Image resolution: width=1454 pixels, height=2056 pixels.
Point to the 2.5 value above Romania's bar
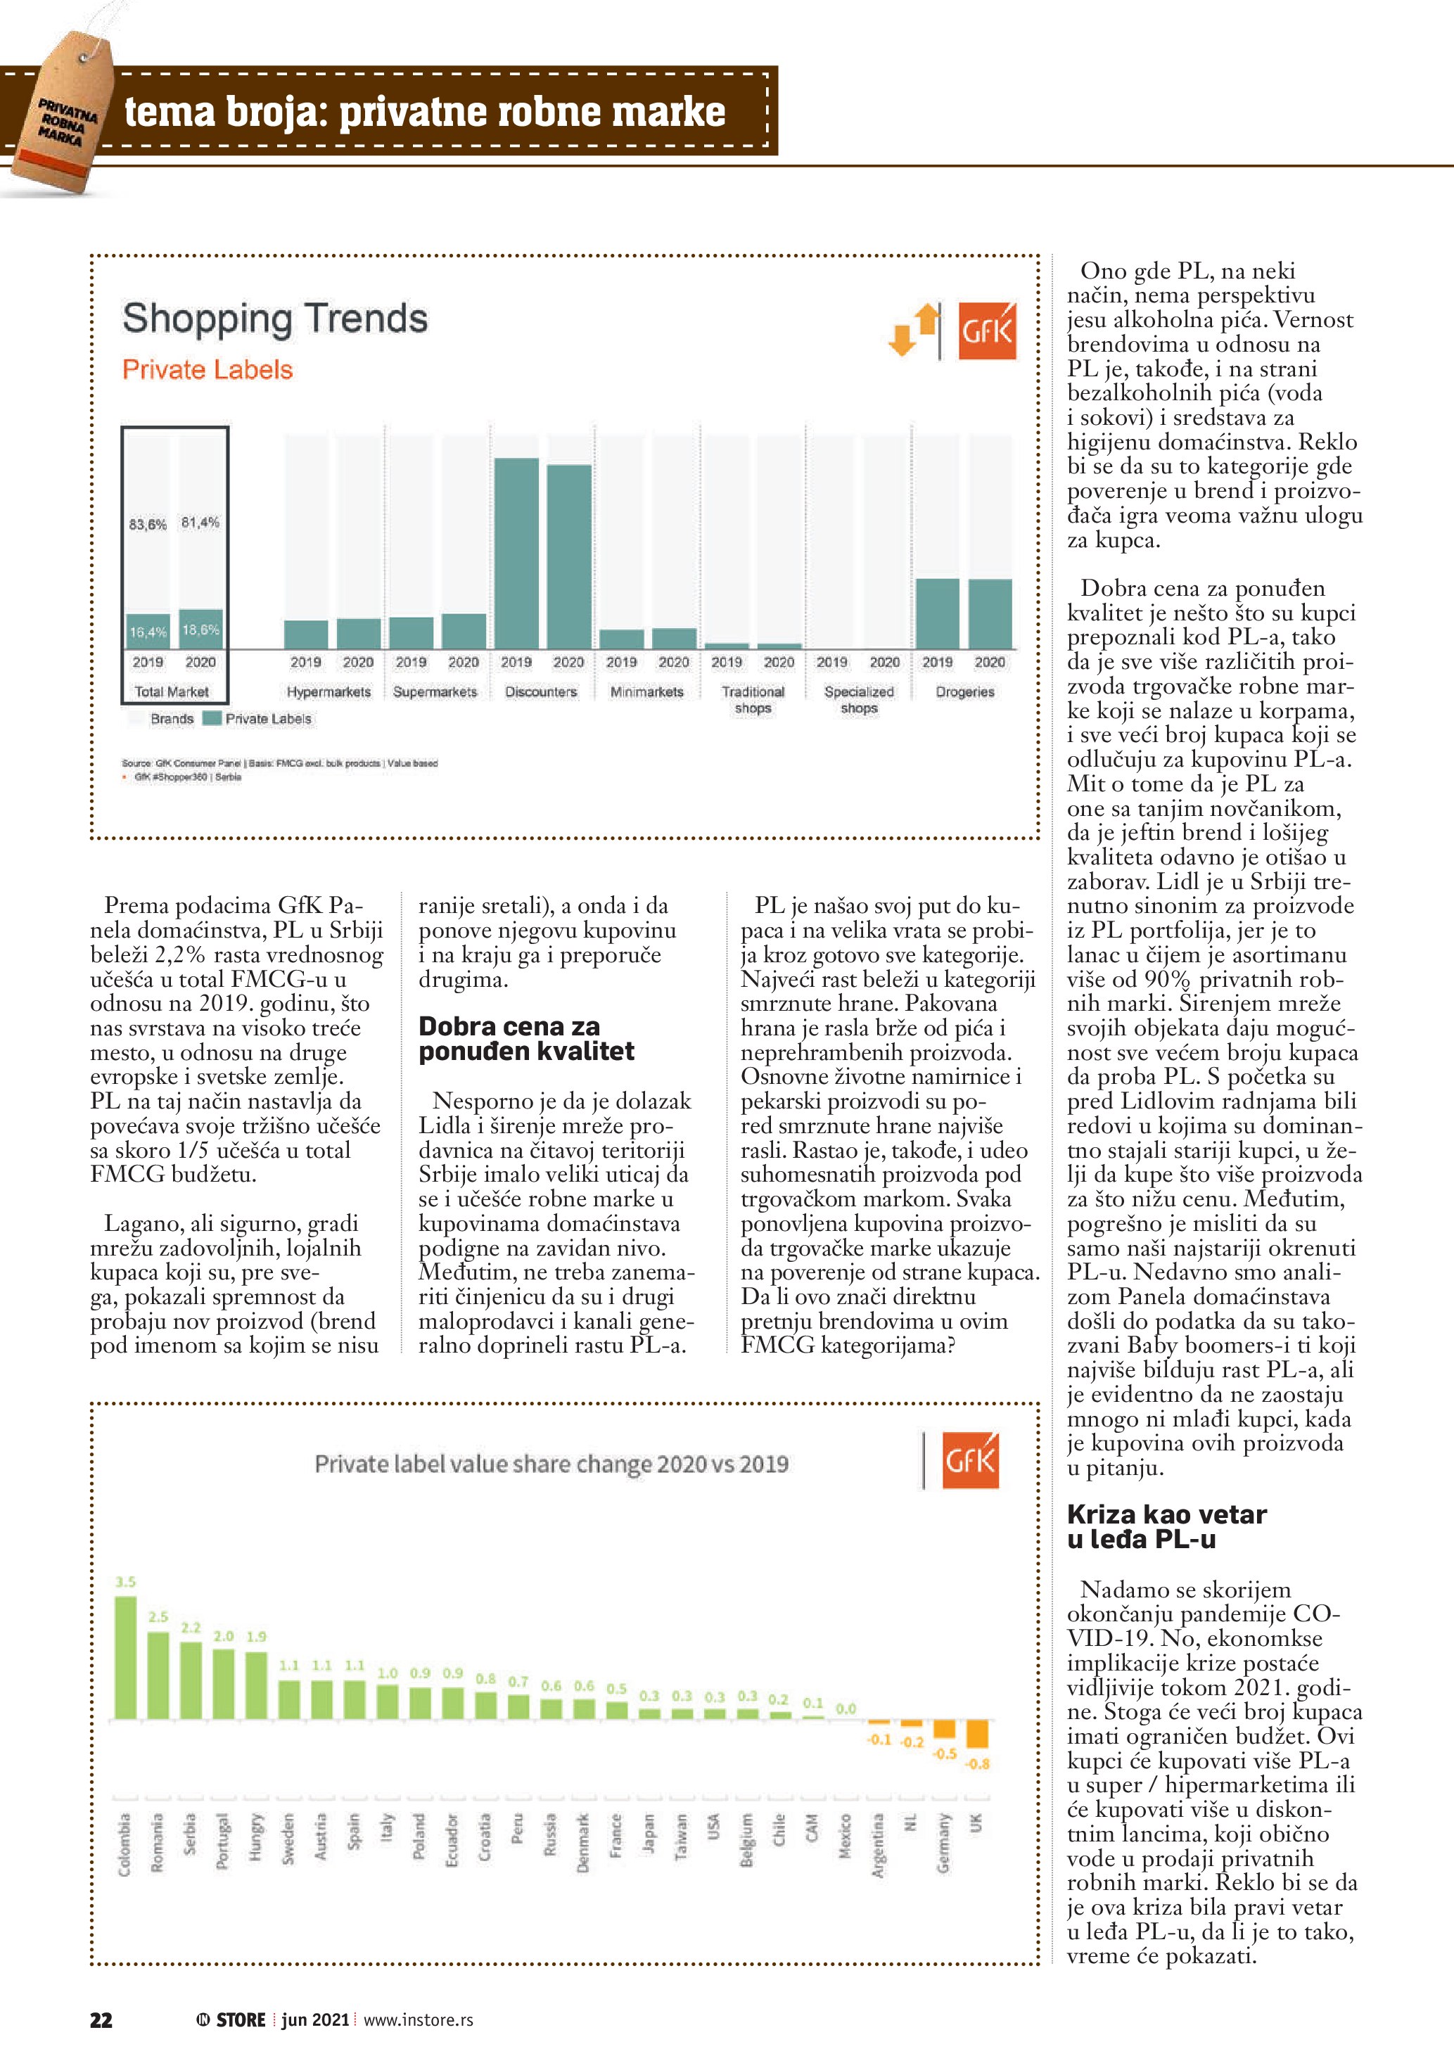click(158, 1616)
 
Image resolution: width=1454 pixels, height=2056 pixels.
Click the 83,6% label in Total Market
click(148, 524)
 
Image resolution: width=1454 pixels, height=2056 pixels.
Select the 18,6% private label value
click(200, 630)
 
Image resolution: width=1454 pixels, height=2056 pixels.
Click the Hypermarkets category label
click(329, 691)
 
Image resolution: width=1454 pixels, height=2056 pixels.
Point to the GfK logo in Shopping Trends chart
click(987, 331)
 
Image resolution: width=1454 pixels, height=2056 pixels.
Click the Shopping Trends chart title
click(275, 319)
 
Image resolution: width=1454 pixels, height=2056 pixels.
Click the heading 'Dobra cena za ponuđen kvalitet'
click(526, 1038)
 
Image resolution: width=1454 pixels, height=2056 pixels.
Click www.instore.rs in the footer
click(418, 2019)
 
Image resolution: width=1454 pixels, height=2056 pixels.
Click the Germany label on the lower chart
click(944, 1842)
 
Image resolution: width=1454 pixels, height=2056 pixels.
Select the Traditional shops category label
click(753, 699)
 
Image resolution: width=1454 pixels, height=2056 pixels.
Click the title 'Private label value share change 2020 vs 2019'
click(551, 1464)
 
